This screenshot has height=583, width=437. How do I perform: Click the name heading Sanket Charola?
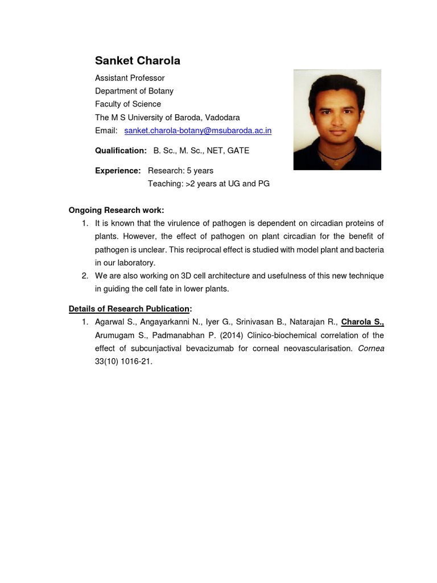tap(137, 60)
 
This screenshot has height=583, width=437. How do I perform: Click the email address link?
tap(197, 130)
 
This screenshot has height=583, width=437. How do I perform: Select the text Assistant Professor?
tap(130, 78)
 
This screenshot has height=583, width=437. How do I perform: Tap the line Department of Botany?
tap(134, 91)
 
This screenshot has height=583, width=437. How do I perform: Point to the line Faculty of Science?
tap(127, 104)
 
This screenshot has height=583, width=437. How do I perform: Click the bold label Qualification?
tap(121, 151)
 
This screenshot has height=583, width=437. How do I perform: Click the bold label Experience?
tap(118, 171)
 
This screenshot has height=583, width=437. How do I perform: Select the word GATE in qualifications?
tap(238, 151)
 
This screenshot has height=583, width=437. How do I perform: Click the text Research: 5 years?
tap(180, 171)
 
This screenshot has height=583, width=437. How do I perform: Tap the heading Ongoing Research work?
tap(116, 210)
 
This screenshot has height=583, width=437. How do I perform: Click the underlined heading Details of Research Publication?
tap(129, 309)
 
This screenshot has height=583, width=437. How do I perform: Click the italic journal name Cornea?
tap(371, 348)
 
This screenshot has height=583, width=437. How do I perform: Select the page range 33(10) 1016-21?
tap(123, 362)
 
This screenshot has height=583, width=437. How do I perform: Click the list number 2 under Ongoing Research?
tap(85, 276)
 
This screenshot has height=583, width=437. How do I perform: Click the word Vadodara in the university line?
tap(221, 117)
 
